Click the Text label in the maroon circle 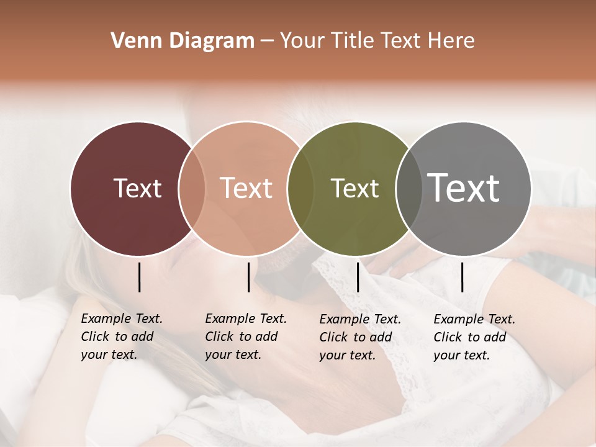click(137, 188)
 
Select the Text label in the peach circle click(246, 188)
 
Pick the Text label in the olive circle click(354, 188)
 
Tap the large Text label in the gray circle click(464, 187)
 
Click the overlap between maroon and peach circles click(192, 188)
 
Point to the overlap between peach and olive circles click(300, 188)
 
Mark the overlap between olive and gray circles click(409, 188)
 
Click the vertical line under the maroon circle click(140, 277)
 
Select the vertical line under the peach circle click(248, 277)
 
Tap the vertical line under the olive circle click(358, 277)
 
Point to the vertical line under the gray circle click(462, 277)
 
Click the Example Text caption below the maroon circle click(121, 336)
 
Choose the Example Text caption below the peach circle click(245, 336)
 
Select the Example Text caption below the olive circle click(359, 337)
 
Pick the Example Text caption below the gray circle click(474, 337)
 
